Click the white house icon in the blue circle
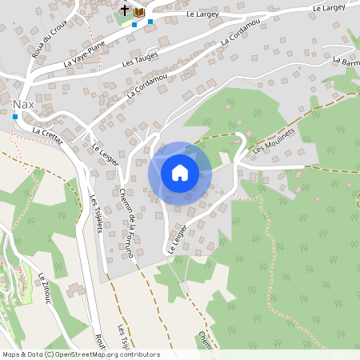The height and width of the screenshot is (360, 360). pyautogui.click(x=180, y=173)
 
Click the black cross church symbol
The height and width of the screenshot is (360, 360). pyautogui.click(x=125, y=10)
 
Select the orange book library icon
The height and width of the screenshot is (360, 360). pyautogui.click(x=139, y=12)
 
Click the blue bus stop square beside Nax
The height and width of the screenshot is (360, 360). pyautogui.click(x=14, y=117)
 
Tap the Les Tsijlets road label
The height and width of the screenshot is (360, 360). pyautogui.click(x=98, y=214)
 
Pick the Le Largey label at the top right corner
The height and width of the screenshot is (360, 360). pyautogui.click(x=329, y=8)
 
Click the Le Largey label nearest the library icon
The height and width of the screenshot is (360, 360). pyautogui.click(x=201, y=14)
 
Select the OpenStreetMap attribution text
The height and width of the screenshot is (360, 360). pyautogui.click(x=80, y=354)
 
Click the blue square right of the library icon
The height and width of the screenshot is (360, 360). pyautogui.click(x=150, y=21)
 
